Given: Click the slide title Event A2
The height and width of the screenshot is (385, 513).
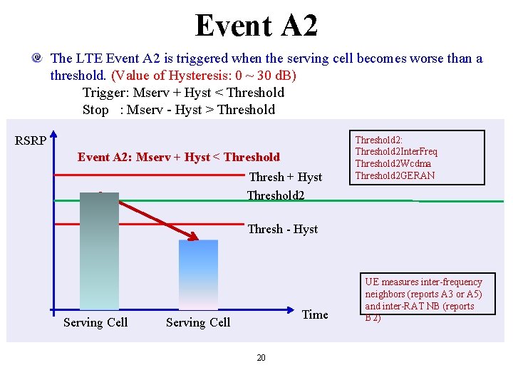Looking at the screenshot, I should (256, 26).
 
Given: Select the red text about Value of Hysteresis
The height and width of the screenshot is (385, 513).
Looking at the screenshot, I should (204, 75).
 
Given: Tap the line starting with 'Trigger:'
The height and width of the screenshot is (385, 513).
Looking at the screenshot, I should (183, 92).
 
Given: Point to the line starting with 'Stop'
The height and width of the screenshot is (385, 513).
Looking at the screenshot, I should (178, 109).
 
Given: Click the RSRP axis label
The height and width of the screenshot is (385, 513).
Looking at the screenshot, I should (31, 140).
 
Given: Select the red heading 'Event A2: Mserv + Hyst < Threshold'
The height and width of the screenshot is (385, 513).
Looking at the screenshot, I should (179, 157).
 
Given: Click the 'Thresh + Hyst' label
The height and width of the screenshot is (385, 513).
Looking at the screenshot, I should (285, 177).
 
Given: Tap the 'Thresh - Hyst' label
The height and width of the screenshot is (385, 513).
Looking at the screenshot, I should (282, 229).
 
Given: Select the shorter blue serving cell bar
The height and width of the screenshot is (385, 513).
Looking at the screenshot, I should (198, 274).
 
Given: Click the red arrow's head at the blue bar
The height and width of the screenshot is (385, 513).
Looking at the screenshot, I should (194, 237).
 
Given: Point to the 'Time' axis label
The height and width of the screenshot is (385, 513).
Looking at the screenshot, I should (315, 314).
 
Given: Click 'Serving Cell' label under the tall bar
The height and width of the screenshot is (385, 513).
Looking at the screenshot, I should (95, 322).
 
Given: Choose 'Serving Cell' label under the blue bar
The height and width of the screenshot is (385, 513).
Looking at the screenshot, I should (198, 322).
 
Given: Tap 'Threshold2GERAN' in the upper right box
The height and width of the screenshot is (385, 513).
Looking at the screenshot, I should (395, 175).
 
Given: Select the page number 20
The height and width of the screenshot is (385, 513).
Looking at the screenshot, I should (261, 357).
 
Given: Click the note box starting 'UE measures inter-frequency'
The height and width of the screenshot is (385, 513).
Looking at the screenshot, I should (423, 299).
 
